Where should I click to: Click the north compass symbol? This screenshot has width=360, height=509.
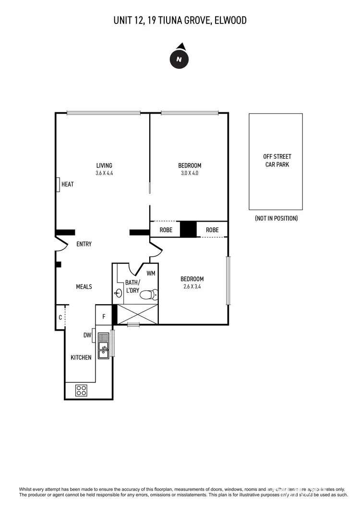point(180,59)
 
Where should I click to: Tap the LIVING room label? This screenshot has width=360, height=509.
point(104,166)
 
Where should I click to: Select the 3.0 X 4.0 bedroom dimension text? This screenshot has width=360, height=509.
point(190,173)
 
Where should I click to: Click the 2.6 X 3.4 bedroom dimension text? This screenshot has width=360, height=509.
point(192,286)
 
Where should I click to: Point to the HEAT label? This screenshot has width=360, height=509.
point(68,184)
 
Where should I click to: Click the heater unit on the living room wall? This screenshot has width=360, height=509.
point(58,184)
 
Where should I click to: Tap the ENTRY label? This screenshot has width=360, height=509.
point(84,244)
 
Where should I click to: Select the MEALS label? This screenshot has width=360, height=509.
point(84,286)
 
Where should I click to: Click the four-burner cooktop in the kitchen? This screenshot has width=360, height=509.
point(81,391)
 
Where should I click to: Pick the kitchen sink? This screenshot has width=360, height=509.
point(103,346)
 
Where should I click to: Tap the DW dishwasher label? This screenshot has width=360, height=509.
point(87,336)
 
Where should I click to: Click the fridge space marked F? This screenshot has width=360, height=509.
point(103,317)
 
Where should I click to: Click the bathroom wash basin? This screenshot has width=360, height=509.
point(118,294)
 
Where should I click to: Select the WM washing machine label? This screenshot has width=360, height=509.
point(151,273)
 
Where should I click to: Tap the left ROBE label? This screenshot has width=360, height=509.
point(166,230)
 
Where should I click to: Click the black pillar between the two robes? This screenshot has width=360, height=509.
point(188,229)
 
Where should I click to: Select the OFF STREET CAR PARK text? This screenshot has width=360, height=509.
point(277,160)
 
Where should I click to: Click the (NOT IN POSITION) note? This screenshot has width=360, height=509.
point(276,218)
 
